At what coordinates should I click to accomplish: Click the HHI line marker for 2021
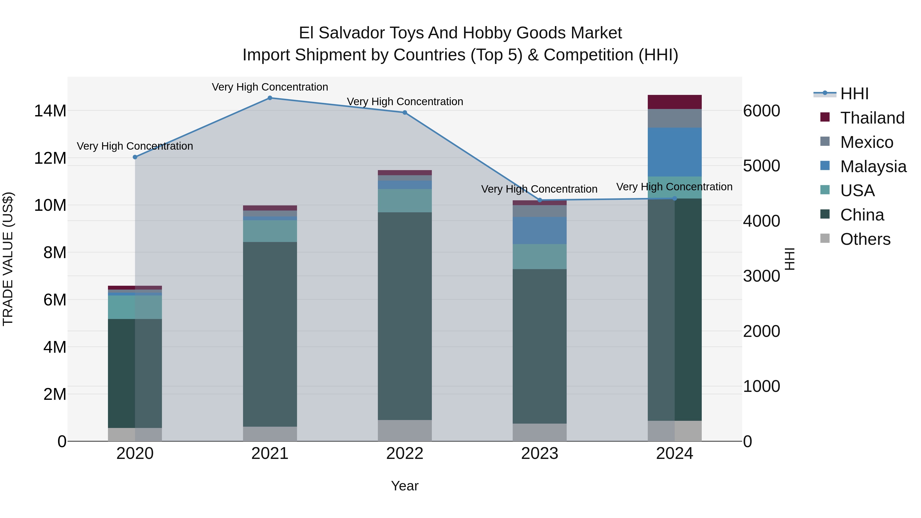coord(270,98)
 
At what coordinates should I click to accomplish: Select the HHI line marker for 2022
coord(405,113)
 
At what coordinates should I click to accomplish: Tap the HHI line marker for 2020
coord(135,157)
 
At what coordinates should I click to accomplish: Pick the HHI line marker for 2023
coord(540,200)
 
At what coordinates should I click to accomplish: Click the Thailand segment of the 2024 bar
coord(674,102)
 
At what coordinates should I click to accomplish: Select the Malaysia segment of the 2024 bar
coord(674,152)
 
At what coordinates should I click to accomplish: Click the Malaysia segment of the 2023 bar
coord(540,230)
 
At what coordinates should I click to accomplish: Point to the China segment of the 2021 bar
coord(270,334)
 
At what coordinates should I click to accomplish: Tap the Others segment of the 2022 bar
coord(405,431)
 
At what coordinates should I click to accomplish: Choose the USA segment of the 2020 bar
coord(135,307)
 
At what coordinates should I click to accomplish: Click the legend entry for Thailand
coord(872,118)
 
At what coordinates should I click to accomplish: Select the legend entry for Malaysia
coord(873,167)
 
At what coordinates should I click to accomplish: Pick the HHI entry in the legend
coord(854,94)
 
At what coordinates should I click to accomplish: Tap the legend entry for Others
coord(865,239)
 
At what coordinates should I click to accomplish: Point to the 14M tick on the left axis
coord(50,111)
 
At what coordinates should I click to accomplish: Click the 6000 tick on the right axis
coord(762,111)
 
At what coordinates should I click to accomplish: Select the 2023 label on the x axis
coord(540,454)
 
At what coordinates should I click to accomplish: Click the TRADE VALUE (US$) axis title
coord(8,259)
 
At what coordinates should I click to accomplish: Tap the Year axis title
coord(405,486)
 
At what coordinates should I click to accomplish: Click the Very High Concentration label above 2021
coord(270,87)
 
